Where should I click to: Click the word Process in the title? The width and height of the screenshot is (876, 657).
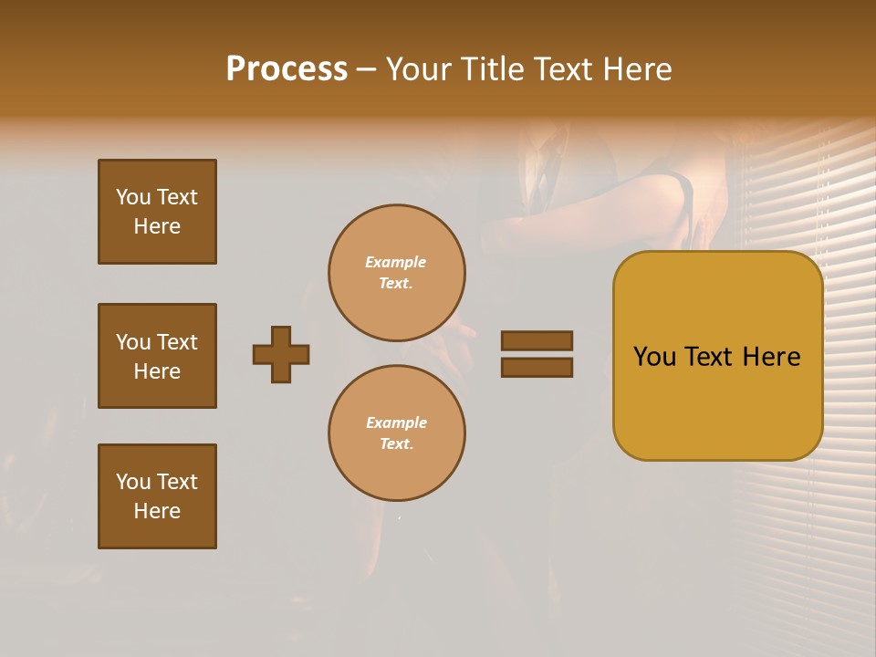click(287, 69)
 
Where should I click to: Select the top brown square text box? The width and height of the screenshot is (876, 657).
click(157, 212)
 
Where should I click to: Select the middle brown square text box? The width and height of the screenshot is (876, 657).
click(157, 356)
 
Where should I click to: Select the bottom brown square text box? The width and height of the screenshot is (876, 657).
click(157, 496)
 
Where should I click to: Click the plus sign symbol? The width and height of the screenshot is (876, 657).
click(281, 354)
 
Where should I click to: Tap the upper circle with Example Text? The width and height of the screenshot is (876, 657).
click(396, 273)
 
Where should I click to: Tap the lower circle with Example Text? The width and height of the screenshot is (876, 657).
click(396, 433)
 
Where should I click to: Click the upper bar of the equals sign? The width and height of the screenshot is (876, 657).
click(537, 341)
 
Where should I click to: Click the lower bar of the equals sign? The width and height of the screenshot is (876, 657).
click(537, 367)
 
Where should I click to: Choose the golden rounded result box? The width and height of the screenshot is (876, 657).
click(717, 356)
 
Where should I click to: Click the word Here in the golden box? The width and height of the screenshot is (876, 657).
click(771, 357)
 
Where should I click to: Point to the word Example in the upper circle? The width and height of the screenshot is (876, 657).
click(395, 262)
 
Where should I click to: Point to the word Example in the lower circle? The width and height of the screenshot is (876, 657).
click(396, 422)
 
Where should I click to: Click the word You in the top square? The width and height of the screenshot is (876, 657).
click(133, 197)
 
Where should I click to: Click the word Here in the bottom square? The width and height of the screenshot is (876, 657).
click(157, 511)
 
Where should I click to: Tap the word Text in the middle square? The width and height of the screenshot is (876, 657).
click(177, 342)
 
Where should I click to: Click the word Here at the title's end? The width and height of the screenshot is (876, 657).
click(636, 69)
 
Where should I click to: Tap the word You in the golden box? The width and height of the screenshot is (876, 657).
click(654, 357)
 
